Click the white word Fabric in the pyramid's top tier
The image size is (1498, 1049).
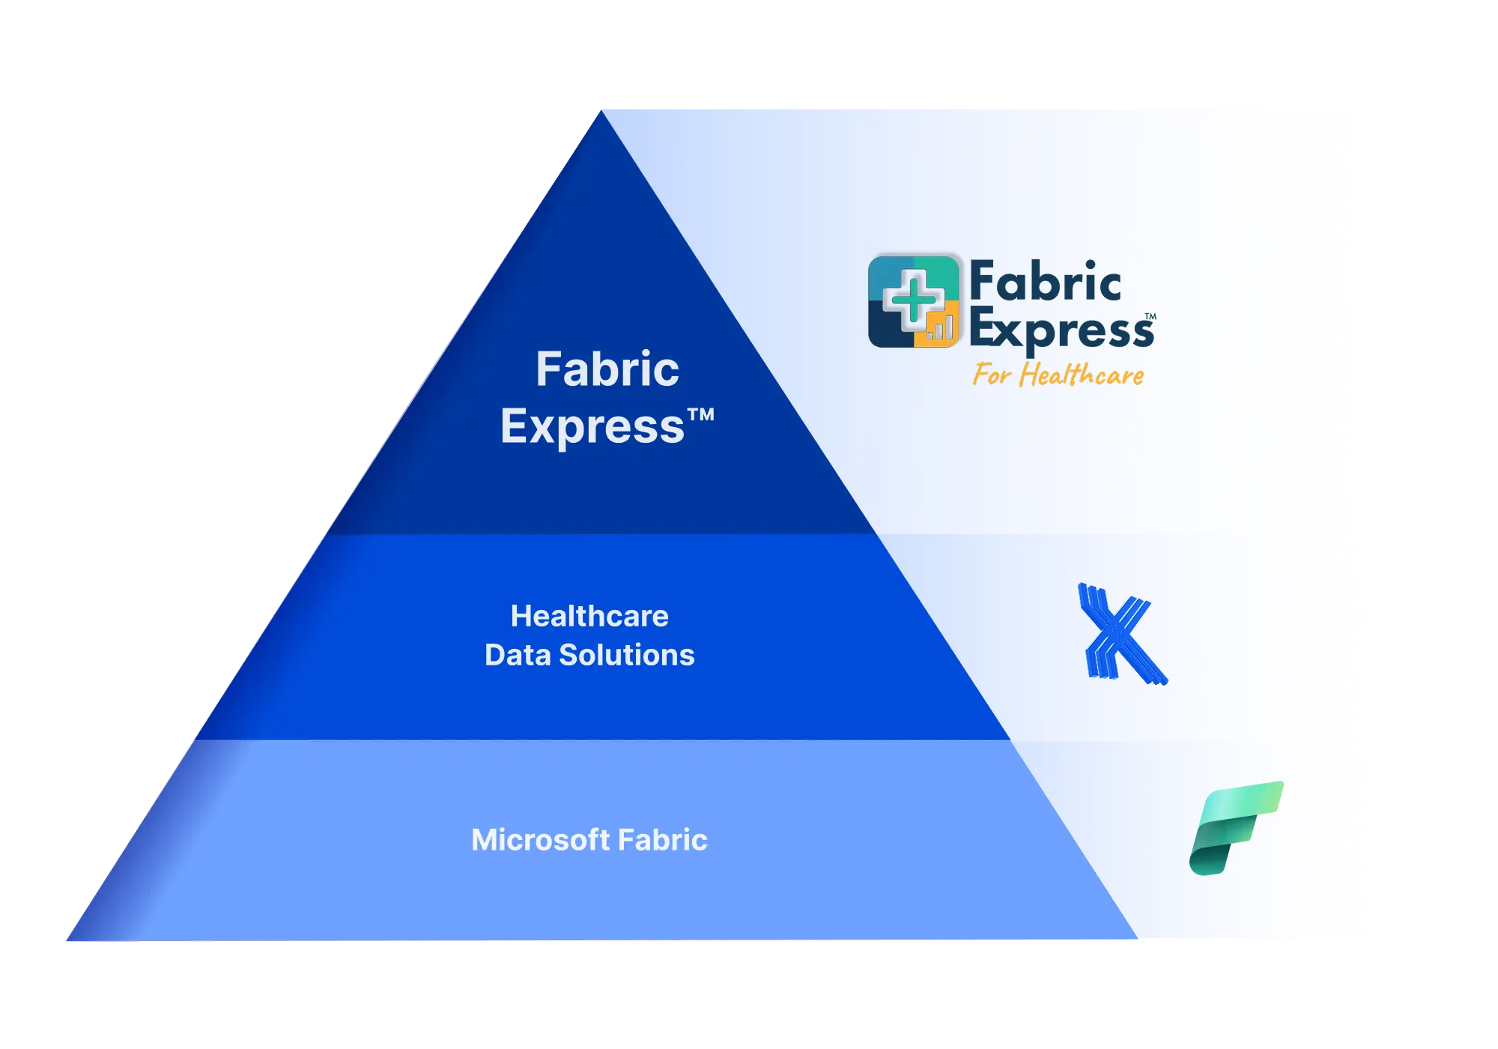click(607, 369)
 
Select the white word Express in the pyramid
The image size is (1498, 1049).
click(592, 427)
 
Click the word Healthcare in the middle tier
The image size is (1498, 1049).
click(589, 616)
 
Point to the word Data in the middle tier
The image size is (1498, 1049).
click(517, 655)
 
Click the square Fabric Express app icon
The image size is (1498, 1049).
click(914, 301)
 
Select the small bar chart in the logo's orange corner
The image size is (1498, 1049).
click(940, 327)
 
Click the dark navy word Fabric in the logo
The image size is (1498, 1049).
click(1045, 282)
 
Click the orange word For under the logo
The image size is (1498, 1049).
click(992, 374)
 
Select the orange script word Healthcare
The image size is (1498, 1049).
click(1082, 375)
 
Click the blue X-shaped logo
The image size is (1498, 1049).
click(1121, 634)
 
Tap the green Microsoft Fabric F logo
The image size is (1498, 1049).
click(1237, 827)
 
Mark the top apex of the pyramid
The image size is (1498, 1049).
click(600, 112)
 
